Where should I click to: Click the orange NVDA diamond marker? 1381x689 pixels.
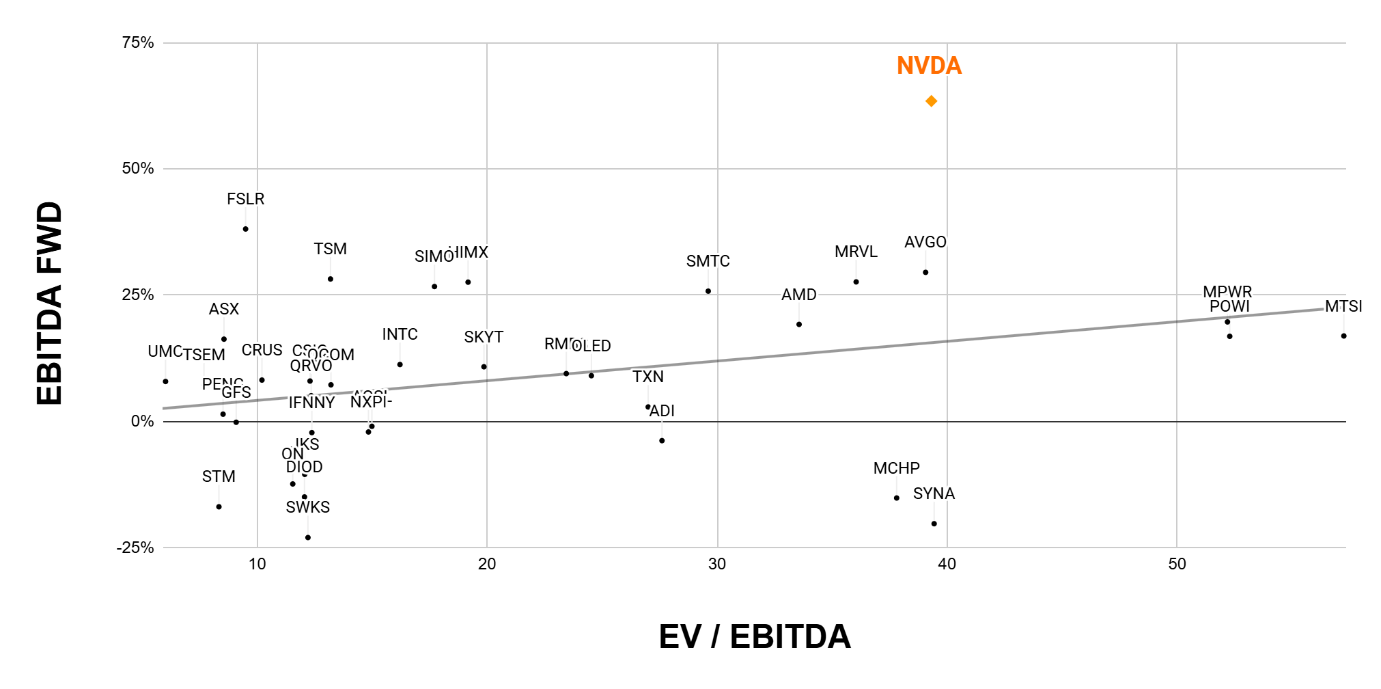[x=931, y=101]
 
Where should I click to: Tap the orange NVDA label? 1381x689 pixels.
[x=929, y=66]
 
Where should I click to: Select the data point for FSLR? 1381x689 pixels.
[x=245, y=229]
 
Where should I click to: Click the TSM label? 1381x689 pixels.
[x=330, y=249]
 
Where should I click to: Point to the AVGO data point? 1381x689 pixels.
[x=925, y=273]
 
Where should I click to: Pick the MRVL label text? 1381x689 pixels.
[x=856, y=252]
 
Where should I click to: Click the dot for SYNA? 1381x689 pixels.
[x=934, y=524]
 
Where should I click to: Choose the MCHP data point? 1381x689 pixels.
[x=897, y=498]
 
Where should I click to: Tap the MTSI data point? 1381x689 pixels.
[x=1343, y=336]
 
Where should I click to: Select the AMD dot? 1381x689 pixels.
[x=799, y=325]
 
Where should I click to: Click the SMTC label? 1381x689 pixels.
[x=708, y=261]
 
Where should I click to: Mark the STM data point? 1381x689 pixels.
[x=219, y=507]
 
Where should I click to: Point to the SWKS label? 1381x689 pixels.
[x=307, y=507]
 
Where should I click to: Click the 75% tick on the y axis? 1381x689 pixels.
[x=138, y=43]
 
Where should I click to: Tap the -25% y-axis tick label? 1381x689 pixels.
[x=135, y=548]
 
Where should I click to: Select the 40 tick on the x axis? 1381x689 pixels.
[x=947, y=564]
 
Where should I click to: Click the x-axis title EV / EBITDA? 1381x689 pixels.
[x=754, y=636]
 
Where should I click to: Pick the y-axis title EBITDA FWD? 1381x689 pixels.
[x=50, y=303]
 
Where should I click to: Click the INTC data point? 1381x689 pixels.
[x=400, y=365]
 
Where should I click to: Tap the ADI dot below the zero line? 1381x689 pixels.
[x=662, y=441]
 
